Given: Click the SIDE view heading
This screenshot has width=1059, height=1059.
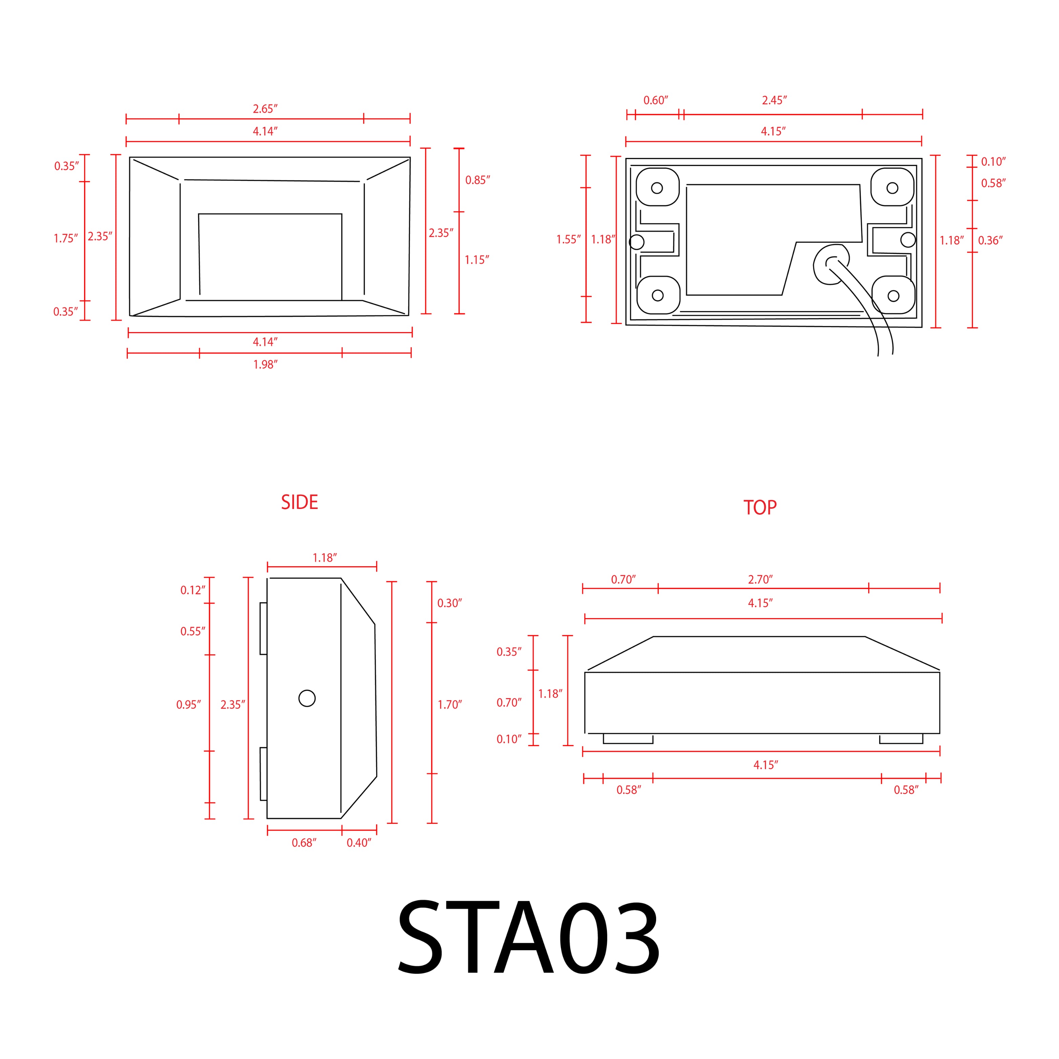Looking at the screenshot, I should tap(299, 502).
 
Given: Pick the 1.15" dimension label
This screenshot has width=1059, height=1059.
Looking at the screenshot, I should tap(477, 260).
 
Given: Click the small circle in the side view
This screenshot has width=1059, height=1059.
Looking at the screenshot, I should tap(307, 698).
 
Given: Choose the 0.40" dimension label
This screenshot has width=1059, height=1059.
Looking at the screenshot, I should tap(359, 842).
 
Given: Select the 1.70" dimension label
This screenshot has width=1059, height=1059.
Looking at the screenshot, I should tap(449, 704).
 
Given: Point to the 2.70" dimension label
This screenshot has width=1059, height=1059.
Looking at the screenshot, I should tap(760, 579).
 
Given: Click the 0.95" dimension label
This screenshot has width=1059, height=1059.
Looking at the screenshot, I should tap(188, 704).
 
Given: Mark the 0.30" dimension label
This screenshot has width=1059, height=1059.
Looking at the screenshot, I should tap(449, 603).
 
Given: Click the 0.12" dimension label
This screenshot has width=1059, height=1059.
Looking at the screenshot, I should tap(193, 590).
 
